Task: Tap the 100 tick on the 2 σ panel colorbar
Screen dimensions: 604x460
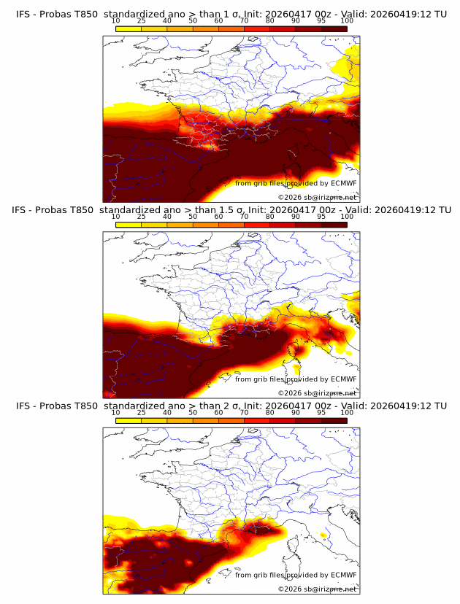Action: click(347, 413)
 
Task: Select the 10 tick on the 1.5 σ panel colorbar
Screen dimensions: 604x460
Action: click(116, 217)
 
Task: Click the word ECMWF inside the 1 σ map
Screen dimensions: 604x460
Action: click(343, 183)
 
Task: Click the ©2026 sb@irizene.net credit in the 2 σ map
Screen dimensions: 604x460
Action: click(317, 589)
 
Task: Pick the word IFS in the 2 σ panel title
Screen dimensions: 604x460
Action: click(23, 406)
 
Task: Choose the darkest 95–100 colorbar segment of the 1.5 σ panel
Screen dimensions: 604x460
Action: click(334, 225)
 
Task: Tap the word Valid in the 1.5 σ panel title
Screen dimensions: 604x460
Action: click(357, 209)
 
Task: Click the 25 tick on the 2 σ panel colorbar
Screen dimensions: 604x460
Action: click(142, 413)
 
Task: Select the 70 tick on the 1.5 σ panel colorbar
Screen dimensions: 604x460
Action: click(244, 217)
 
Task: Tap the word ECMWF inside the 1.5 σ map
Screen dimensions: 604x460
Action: click(343, 379)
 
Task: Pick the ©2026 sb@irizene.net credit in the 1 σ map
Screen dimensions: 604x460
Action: click(317, 197)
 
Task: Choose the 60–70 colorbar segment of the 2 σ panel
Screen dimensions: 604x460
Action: click(231, 421)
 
